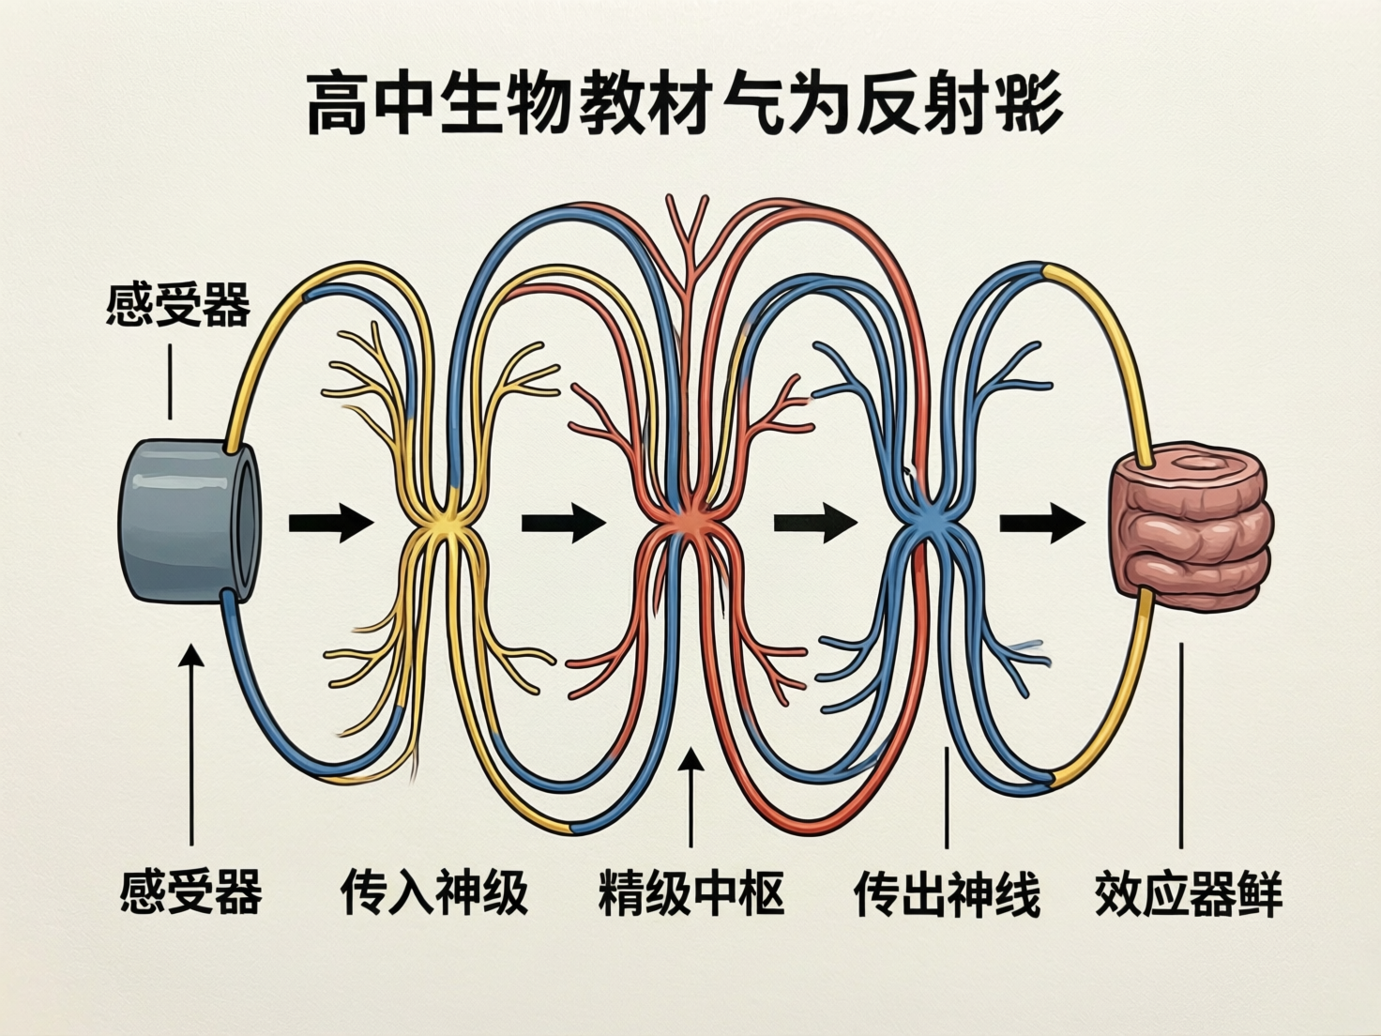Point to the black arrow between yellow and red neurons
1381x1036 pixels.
[x=562, y=523]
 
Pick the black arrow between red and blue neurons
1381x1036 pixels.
[x=814, y=522]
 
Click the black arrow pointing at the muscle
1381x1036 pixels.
[x=1040, y=522]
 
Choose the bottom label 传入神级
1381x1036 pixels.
[x=433, y=892]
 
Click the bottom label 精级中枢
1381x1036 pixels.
[x=691, y=892]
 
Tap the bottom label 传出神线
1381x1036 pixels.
[x=947, y=892]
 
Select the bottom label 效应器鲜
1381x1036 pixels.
[x=1188, y=892]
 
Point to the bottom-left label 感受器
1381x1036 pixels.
[x=191, y=891]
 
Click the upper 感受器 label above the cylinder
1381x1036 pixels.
[x=178, y=305]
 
